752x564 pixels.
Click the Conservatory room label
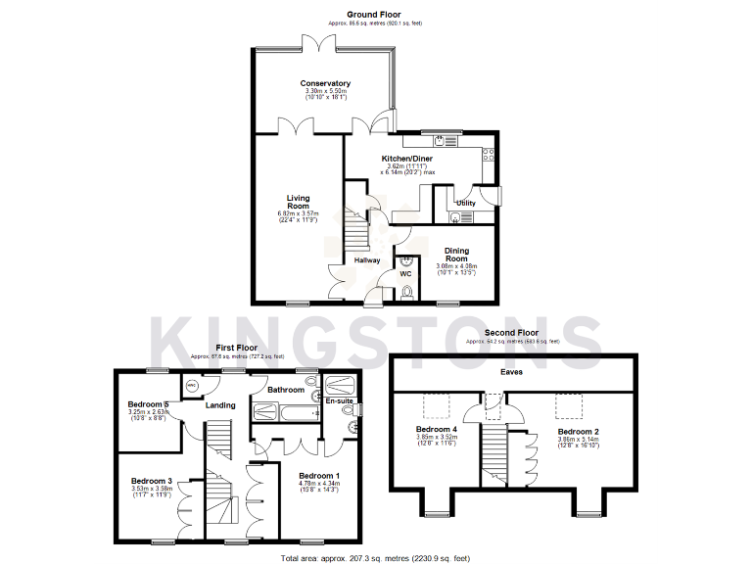click(325, 83)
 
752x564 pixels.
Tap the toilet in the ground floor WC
click(407, 291)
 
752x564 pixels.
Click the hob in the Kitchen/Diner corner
click(486, 154)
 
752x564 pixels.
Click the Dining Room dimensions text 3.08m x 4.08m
click(456, 265)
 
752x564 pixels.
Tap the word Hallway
click(367, 259)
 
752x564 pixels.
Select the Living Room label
click(298, 201)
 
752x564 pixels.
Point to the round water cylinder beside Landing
click(191, 386)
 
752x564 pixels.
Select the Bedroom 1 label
click(319, 475)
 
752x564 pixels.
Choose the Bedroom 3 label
click(152, 481)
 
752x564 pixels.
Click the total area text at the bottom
click(375, 557)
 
